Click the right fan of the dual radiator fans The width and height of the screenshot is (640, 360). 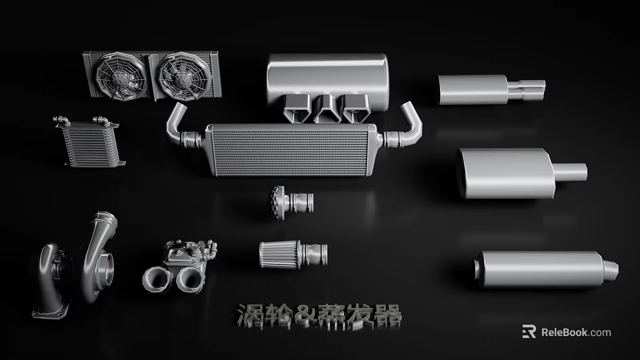pyautogui.click(x=181, y=76)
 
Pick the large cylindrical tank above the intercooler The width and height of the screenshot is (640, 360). pyautogui.click(x=327, y=77)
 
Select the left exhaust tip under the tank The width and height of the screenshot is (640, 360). pyautogui.click(x=296, y=108)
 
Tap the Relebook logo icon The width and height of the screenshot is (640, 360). pyautogui.click(x=529, y=332)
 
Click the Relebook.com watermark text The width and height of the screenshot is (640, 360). pyautogui.click(x=575, y=332)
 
